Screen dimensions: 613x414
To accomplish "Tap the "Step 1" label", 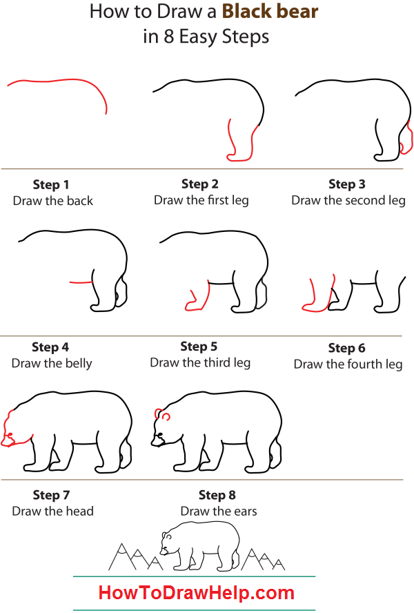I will [x=51, y=185].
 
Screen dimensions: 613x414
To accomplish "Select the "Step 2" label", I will [x=200, y=184].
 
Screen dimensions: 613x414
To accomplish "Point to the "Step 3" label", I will [x=347, y=184].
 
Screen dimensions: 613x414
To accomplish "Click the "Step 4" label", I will [x=50, y=347].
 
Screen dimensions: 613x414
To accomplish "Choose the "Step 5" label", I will [x=199, y=347].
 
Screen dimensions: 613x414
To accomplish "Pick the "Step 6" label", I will [x=347, y=348].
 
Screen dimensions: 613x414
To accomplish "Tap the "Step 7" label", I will [x=51, y=495].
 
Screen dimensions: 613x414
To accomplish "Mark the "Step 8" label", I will [x=217, y=495].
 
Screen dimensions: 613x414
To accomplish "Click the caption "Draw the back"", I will [x=52, y=201].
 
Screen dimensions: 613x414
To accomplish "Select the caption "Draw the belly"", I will [x=52, y=363].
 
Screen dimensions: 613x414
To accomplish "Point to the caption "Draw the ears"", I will [x=219, y=512].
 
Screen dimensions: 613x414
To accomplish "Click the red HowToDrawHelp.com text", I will [x=196, y=592].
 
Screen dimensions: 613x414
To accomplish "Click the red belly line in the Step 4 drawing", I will [x=81, y=282].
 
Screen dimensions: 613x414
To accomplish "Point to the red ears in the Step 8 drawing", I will [x=163, y=415].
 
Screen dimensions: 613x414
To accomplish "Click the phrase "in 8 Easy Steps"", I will [x=206, y=37].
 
